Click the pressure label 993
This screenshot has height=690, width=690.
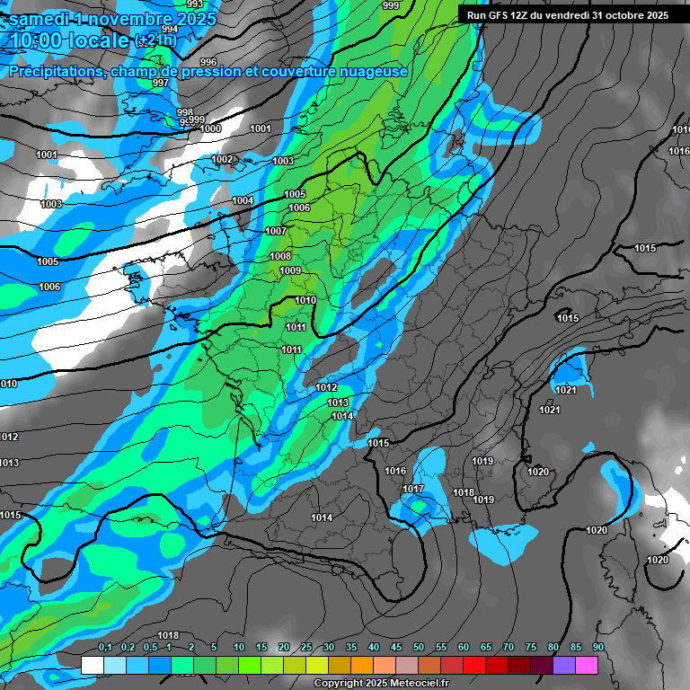[195, 4]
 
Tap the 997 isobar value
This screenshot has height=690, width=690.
[161, 83]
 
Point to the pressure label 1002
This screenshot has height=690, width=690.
[223, 159]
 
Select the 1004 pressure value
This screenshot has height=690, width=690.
[243, 200]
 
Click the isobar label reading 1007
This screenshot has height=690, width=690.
[276, 231]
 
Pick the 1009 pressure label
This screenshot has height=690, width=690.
[290, 270]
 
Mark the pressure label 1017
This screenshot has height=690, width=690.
[413, 489]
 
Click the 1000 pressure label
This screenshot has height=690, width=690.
[211, 128]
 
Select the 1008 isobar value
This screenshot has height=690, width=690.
[280, 256]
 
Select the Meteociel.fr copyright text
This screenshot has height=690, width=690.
[382, 684]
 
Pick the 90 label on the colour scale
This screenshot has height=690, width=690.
[597, 648]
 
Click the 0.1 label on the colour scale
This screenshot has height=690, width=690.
[104, 648]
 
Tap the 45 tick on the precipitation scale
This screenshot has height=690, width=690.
[395, 648]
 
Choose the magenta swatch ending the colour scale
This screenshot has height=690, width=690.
[586, 665]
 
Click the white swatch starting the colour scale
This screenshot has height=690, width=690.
[92, 665]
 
